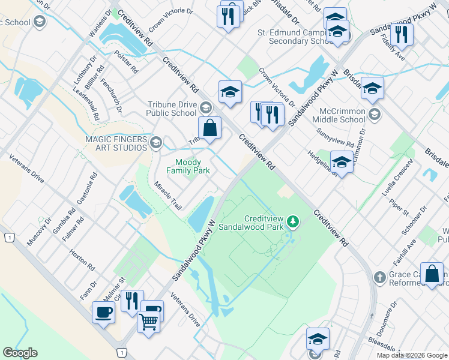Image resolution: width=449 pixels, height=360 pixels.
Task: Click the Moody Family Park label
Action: (192, 166)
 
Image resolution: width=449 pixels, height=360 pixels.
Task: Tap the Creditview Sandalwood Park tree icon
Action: (292, 222)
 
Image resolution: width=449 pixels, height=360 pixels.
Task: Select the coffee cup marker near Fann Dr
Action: (103, 312)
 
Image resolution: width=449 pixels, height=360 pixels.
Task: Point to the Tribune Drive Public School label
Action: (172, 109)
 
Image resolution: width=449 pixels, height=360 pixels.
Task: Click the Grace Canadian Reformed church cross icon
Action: (379, 277)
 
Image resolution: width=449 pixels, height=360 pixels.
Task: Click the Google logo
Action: (20, 353)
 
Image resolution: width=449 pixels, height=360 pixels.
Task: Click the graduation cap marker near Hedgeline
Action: (342, 163)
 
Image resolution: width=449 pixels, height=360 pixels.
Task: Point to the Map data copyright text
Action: (412, 355)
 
